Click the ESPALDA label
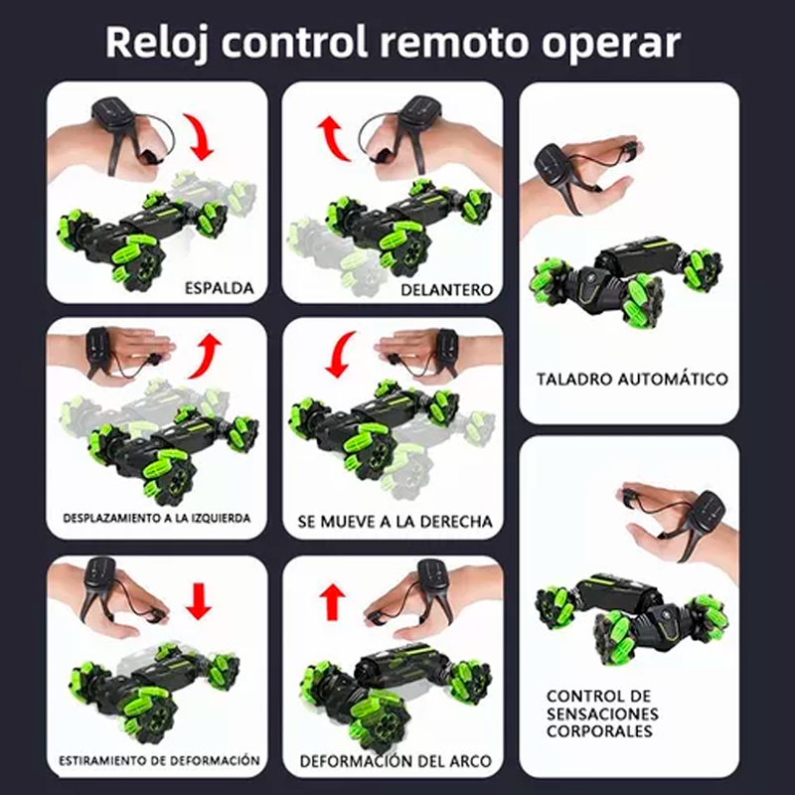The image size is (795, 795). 219,289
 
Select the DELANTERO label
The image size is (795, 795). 447,289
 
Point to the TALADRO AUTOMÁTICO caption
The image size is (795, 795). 632,379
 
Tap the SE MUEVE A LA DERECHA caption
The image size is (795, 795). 395,521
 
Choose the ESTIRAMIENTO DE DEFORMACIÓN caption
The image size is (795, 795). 160,760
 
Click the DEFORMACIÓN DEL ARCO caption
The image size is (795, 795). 396,762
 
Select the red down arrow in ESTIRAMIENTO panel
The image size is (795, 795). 200,599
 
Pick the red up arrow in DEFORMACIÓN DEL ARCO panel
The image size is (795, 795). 334,600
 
